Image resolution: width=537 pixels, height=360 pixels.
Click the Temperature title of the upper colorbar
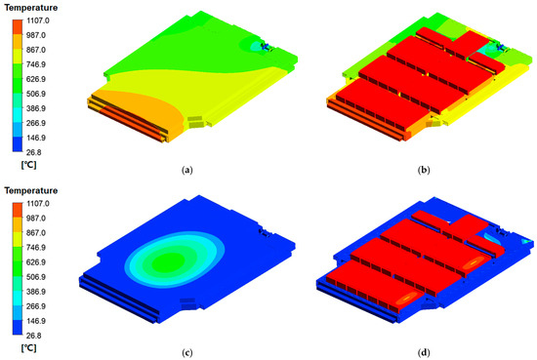(x=31, y=8)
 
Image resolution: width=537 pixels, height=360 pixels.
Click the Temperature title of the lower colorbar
(x=31, y=190)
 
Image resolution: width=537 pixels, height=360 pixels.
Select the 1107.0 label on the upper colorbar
(x=38, y=20)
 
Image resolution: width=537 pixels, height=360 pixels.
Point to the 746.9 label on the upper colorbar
(x=36, y=64)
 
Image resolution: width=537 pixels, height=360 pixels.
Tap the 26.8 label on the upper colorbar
(x=34, y=152)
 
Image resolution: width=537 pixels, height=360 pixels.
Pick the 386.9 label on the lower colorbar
(x=36, y=292)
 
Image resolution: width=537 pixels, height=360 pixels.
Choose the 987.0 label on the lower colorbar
(x=36, y=218)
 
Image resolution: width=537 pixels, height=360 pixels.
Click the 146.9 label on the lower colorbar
(x=36, y=321)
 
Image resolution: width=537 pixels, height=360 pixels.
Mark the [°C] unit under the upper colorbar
(x=28, y=165)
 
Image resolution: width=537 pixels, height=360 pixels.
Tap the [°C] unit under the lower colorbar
(x=28, y=348)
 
